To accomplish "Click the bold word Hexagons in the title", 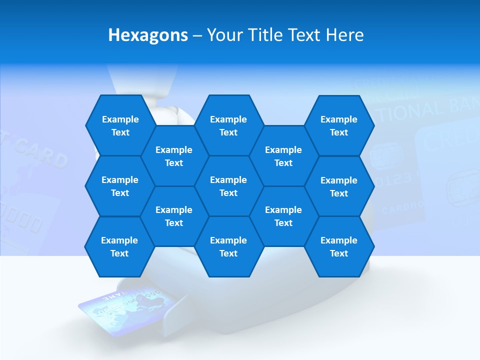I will click(x=148, y=35).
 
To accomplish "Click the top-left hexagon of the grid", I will click(x=120, y=125).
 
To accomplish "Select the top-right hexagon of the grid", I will click(x=339, y=125).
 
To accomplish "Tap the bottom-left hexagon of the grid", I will click(x=119, y=246).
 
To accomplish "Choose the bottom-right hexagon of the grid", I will click(x=339, y=246).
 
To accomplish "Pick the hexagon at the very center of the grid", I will click(x=228, y=186).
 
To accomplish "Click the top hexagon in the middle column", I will click(x=228, y=125).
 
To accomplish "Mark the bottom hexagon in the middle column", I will click(x=228, y=246).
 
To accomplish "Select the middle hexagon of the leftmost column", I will click(x=120, y=186).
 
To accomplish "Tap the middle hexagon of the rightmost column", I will click(x=339, y=186).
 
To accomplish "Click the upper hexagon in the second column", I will click(x=174, y=156).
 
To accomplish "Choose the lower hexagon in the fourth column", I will click(x=283, y=216).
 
